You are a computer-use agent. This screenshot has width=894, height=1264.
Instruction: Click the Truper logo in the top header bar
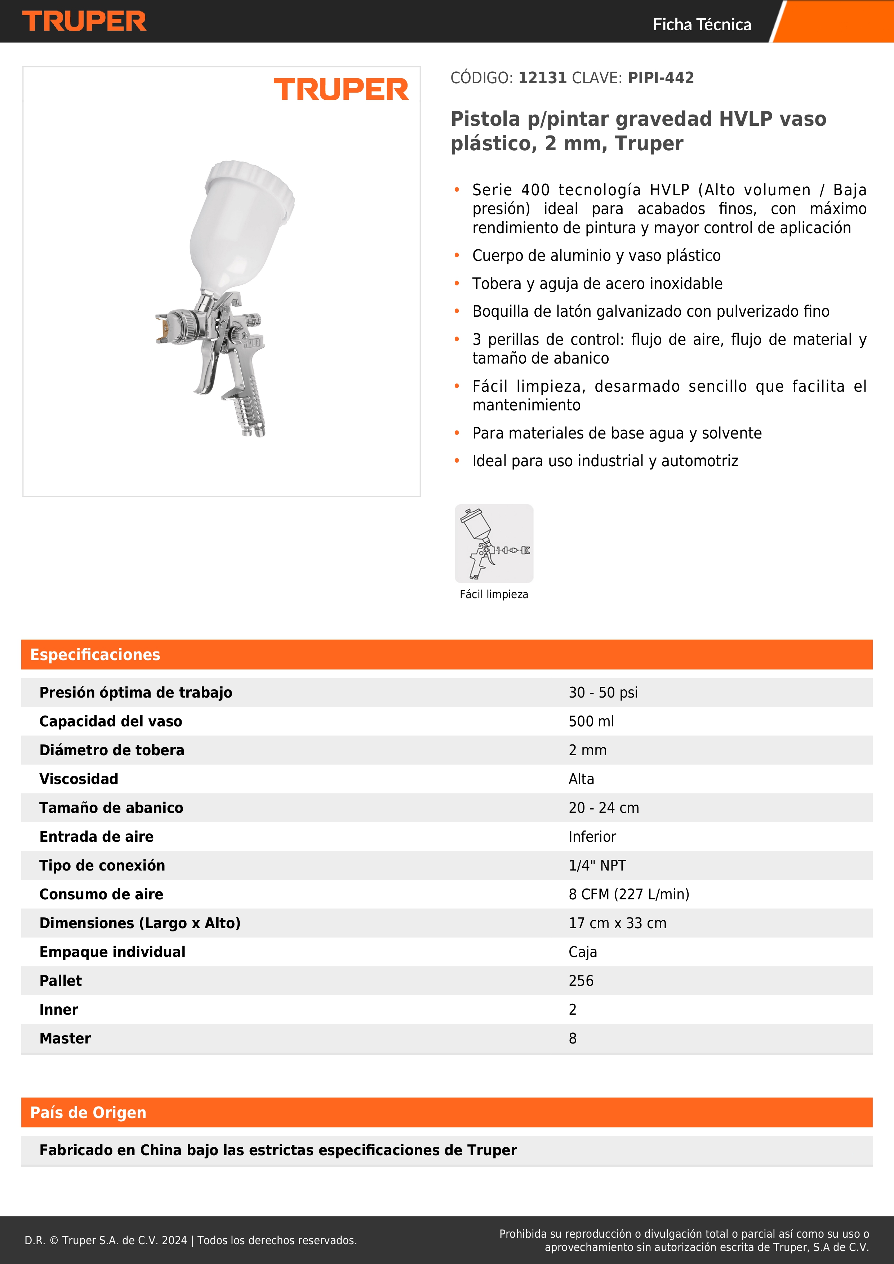84,22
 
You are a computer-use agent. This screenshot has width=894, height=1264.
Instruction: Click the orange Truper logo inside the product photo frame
341,89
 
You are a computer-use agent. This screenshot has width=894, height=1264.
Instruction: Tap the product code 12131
542,78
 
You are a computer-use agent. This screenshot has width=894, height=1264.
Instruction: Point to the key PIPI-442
661,78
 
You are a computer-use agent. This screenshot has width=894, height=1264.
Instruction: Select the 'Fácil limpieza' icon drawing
494,543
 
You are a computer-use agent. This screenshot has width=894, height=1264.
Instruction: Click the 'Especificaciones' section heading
95,655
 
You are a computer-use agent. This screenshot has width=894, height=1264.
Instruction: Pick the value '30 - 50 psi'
603,693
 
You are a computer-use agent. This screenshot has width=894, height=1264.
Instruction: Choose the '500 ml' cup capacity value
591,721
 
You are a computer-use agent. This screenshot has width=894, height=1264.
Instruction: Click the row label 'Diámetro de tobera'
112,750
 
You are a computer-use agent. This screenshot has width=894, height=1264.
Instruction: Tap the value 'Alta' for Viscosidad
581,779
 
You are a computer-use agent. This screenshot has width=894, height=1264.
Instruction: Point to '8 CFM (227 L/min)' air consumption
629,894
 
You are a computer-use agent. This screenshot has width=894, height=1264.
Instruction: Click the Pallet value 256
581,980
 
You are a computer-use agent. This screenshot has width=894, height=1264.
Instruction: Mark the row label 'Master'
65,1038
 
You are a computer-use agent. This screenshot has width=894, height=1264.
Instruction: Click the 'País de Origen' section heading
88,1113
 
